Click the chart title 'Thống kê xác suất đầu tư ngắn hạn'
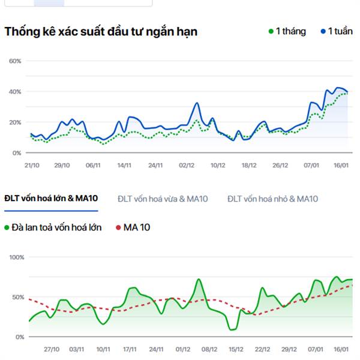coord(101,32)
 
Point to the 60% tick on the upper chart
coord(15,61)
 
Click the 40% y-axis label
coord(15,92)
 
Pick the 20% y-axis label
coord(15,122)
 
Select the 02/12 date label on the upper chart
coord(187,165)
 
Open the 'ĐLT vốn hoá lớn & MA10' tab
coord(50,199)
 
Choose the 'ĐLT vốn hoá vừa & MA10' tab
coord(163,199)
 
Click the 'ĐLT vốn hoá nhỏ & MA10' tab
coord(272,199)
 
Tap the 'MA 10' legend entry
coord(133,227)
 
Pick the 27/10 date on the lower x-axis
coord(52,349)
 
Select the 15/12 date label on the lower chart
coord(236,349)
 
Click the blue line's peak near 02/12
coord(197,103)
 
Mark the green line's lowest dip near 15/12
coord(232,329)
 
